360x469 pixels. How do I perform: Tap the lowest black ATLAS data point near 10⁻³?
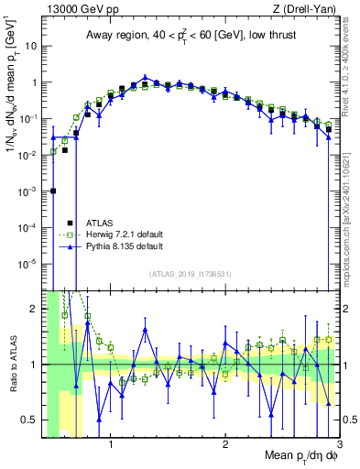[53, 191]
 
